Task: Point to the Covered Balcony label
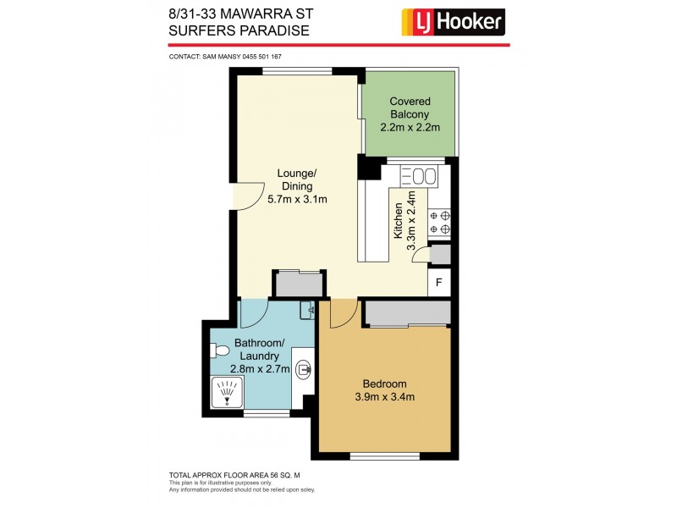[410, 108]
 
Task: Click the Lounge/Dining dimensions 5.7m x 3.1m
[297, 200]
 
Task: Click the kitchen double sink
[418, 177]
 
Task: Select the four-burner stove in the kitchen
[439, 222]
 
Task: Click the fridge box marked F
[439, 283]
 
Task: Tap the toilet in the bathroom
[221, 350]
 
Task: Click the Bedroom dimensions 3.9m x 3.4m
[384, 396]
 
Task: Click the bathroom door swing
[254, 314]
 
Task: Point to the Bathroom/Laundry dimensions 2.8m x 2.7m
[262, 368]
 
